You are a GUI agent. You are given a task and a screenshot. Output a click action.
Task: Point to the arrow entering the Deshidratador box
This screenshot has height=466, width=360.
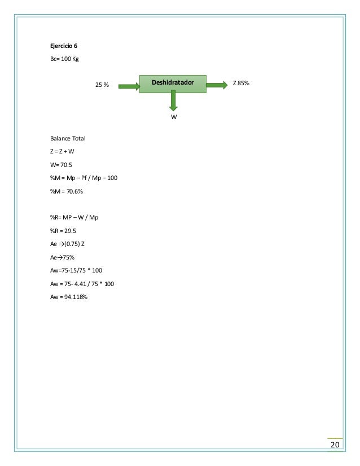(x=129, y=86)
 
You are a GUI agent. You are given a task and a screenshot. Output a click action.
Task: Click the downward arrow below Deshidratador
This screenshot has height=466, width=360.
(x=173, y=100)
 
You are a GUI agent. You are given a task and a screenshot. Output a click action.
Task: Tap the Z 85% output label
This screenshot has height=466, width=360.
(x=241, y=83)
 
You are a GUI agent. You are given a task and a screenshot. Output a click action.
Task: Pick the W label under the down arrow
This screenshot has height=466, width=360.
(x=174, y=117)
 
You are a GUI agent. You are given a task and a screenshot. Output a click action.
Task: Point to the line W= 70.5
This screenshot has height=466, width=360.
(x=61, y=165)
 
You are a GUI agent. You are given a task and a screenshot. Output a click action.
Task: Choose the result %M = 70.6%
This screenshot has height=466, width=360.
(x=66, y=191)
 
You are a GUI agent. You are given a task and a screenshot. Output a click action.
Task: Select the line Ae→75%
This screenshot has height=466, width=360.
(x=62, y=257)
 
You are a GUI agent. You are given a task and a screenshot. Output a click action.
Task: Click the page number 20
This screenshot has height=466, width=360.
(x=335, y=446)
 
